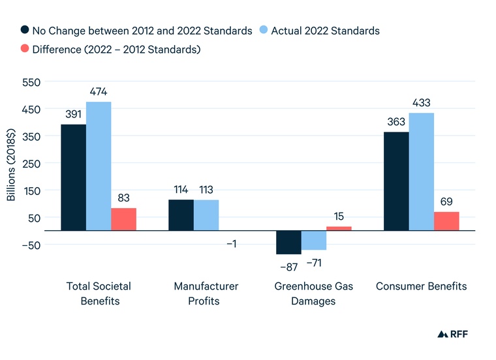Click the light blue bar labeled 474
coord(99,166)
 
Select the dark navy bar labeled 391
coord(73,177)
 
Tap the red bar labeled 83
coord(123,219)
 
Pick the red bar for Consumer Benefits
coord(446,221)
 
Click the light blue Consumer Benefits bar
coord(421,172)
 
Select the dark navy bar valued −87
coord(288,242)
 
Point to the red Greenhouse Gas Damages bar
coord(339,228)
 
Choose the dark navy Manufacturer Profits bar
coord(181,215)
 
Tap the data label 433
coord(421,103)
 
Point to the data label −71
coord(314,263)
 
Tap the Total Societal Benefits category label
coord(99,293)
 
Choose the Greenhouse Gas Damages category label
coord(314,293)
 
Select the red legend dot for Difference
coord(25,50)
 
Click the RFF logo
coord(452,334)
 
